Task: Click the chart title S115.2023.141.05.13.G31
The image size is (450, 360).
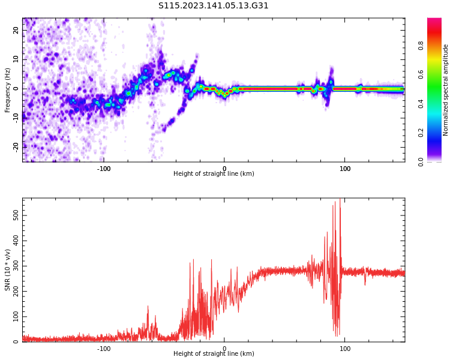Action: coord(213,6)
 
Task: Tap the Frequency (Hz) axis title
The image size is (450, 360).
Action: coord(8,90)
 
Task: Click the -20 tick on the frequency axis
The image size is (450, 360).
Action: coord(16,146)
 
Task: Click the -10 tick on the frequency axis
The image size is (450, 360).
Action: coord(16,118)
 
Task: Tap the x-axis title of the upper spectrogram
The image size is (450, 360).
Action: coord(214,174)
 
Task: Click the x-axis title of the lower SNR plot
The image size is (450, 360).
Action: coord(214,354)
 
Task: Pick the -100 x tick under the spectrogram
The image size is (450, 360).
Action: coord(104,169)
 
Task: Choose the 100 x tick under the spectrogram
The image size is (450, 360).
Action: coord(345,169)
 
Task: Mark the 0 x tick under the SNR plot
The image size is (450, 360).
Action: coord(224,349)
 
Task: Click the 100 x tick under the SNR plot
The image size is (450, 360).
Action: coord(345,349)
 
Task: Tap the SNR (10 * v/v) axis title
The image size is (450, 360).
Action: coord(8,270)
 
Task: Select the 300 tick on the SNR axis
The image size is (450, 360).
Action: coord(14,265)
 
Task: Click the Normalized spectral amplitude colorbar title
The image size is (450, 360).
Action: coord(446,90)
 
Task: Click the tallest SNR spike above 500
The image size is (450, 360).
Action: coord(340,200)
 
